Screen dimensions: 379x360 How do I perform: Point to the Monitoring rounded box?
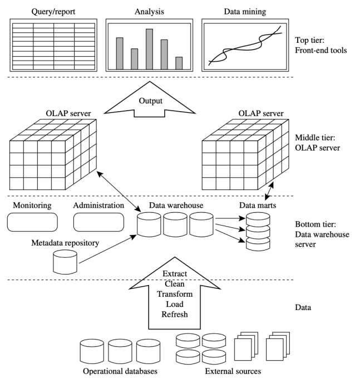pos(32,222)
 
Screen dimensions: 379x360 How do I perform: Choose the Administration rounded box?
pos(98,222)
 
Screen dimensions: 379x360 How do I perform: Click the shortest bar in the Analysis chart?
pos(179,62)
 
